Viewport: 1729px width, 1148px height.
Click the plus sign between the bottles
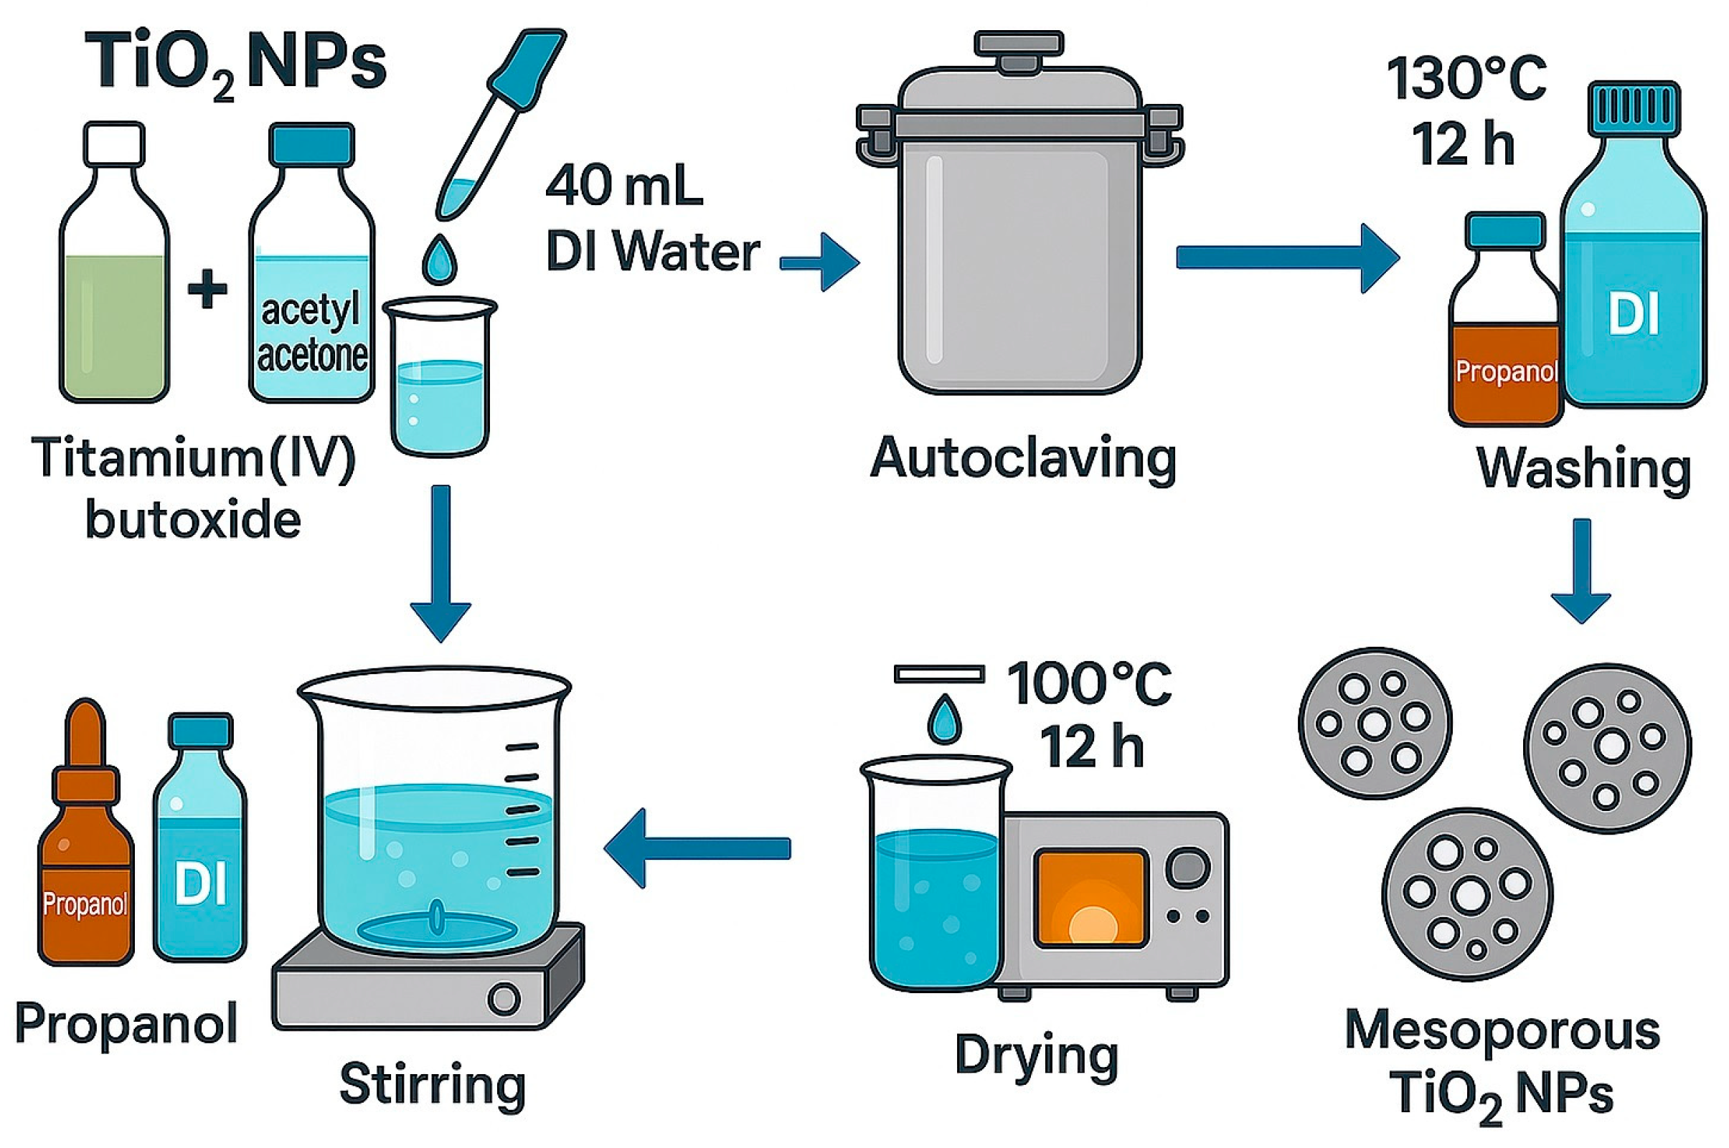click(208, 289)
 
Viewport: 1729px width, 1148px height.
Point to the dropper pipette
click(498, 125)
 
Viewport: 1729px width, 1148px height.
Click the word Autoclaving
click(1022, 459)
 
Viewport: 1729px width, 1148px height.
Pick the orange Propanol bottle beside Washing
click(1504, 329)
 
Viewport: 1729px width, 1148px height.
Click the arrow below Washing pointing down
click(1581, 571)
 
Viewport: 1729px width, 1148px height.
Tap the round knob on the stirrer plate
click(503, 1000)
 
